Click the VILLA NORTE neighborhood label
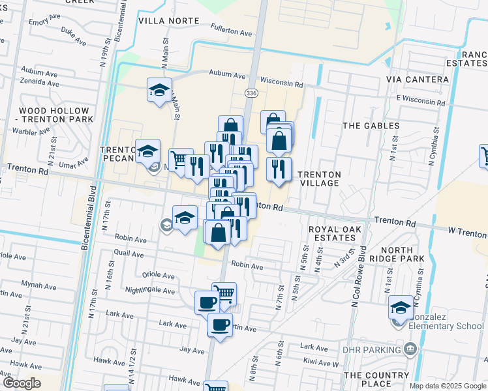[x=168, y=21]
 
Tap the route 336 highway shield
[x=251, y=94]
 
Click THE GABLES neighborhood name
[x=371, y=125]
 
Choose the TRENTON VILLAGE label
[x=319, y=179]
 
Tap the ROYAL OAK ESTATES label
[x=335, y=234]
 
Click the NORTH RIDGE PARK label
[x=406, y=255]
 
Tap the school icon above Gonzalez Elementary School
[x=401, y=306]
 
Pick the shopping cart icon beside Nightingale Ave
[x=224, y=294]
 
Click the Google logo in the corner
[x=22, y=383]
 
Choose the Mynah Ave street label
[x=38, y=285]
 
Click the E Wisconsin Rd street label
[x=423, y=97]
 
